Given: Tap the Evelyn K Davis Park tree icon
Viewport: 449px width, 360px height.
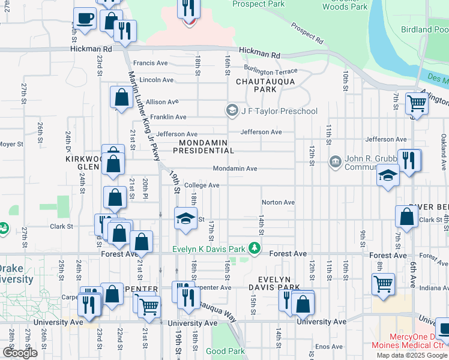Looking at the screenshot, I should click(x=255, y=248).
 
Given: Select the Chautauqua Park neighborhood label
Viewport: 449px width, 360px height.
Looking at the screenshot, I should click(x=256, y=85).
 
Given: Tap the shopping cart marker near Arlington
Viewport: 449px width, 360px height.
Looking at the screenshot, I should click(x=415, y=104).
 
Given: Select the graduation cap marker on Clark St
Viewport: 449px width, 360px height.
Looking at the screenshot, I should click(x=186, y=218).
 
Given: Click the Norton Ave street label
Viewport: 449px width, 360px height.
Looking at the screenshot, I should click(x=278, y=202).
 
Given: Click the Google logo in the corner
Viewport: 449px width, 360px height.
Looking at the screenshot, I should click(x=20, y=353).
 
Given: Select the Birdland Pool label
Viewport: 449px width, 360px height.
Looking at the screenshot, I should click(x=425, y=29).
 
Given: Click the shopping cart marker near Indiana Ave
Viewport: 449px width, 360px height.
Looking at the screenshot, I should click(x=383, y=284).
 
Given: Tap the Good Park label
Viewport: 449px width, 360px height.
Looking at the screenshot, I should click(x=225, y=350).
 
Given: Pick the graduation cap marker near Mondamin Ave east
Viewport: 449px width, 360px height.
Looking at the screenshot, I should click(x=388, y=176).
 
